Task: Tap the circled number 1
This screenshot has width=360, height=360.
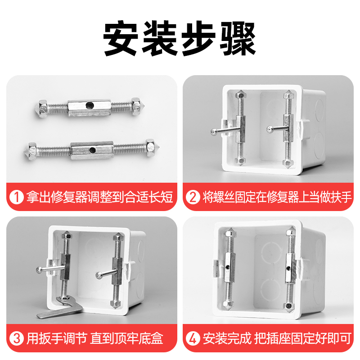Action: point(17,197)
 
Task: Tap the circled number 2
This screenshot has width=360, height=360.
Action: point(193,197)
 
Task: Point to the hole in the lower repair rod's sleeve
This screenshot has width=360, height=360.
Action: point(92,149)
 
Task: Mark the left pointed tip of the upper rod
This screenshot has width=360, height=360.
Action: point(35,108)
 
